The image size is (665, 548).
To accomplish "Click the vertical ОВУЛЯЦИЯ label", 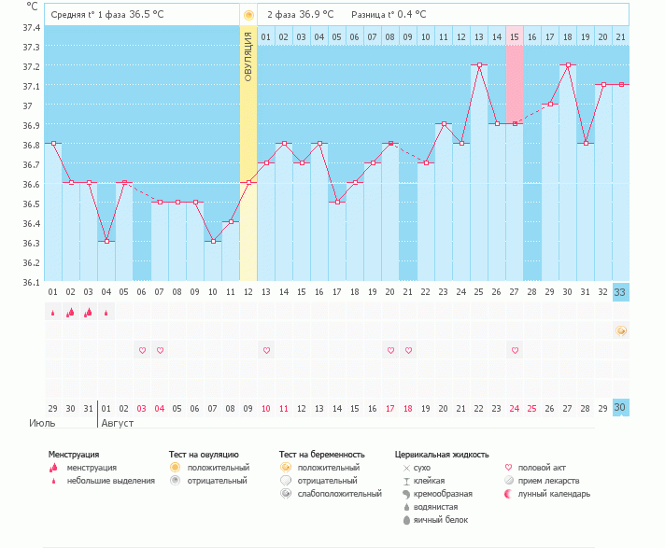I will pyautogui.click(x=248, y=56).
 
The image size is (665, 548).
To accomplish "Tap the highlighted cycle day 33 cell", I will pyautogui.click(x=621, y=291).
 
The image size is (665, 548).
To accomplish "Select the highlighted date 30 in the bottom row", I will pyautogui.click(x=621, y=408).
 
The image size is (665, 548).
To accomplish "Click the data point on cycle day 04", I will pyautogui.click(x=106, y=242).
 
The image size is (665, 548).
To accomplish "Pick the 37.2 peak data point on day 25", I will pyautogui.click(x=479, y=65).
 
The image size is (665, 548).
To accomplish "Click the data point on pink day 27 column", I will pyautogui.click(x=515, y=123).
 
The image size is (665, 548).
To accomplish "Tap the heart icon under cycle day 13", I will pyautogui.click(x=266, y=350).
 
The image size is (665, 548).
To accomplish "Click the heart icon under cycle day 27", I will pyautogui.click(x=515, y=350).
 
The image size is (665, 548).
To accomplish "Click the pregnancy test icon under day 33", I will pyautogui.click(x=621, y=330).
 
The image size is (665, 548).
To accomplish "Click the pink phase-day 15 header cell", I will pyautogui.click(x=515, y=36).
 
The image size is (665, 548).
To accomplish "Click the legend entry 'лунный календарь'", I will pyautogui.click(x=554, y=493).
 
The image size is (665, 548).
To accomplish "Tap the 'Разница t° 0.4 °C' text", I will pyautogui.click(x=389, y=15).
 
